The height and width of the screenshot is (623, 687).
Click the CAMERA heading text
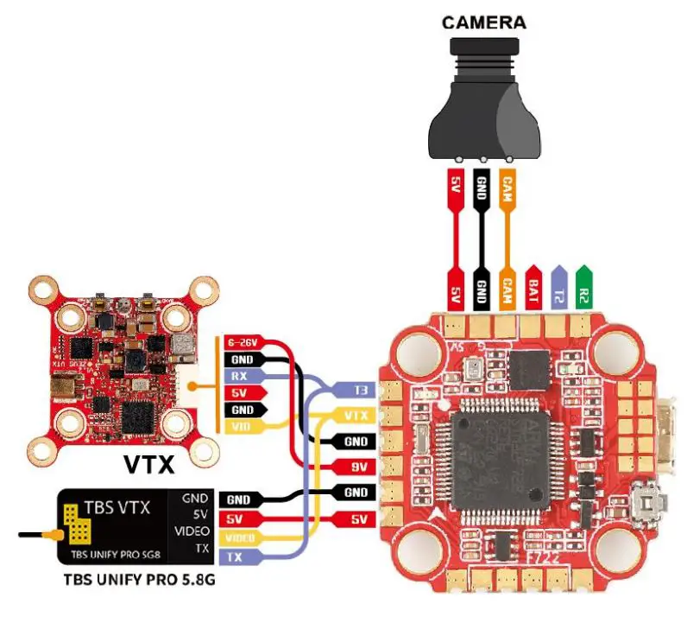(484, 22)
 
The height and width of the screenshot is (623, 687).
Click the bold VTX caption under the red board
(148, 465)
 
